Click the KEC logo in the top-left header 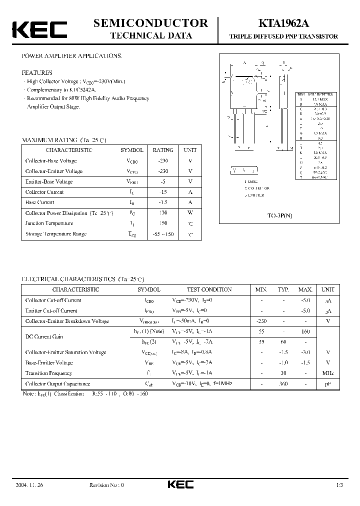(x=39, y=29)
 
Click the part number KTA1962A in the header (x=283, y=23)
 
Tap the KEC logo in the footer (x=180, y=484)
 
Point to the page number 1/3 (x=340, y=485)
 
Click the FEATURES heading (x=36, y=72)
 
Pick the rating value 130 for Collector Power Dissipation (x=163, y=213)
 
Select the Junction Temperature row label (x=49, y=223)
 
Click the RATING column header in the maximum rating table (x=163, y=150)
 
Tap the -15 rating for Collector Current (x=163, y=192)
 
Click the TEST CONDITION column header (x=209, y=289)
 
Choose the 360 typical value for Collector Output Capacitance (x=283, y=384)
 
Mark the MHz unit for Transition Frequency (x=328, y=373)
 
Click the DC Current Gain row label (x=45, y=337)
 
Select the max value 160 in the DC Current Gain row (x=305, y=331)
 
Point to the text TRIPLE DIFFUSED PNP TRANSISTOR (x=283, y=36)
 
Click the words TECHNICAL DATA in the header (x=150, y=35)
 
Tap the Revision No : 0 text (x=106, y=485)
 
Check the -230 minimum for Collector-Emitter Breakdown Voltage (x=261, y=321)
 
